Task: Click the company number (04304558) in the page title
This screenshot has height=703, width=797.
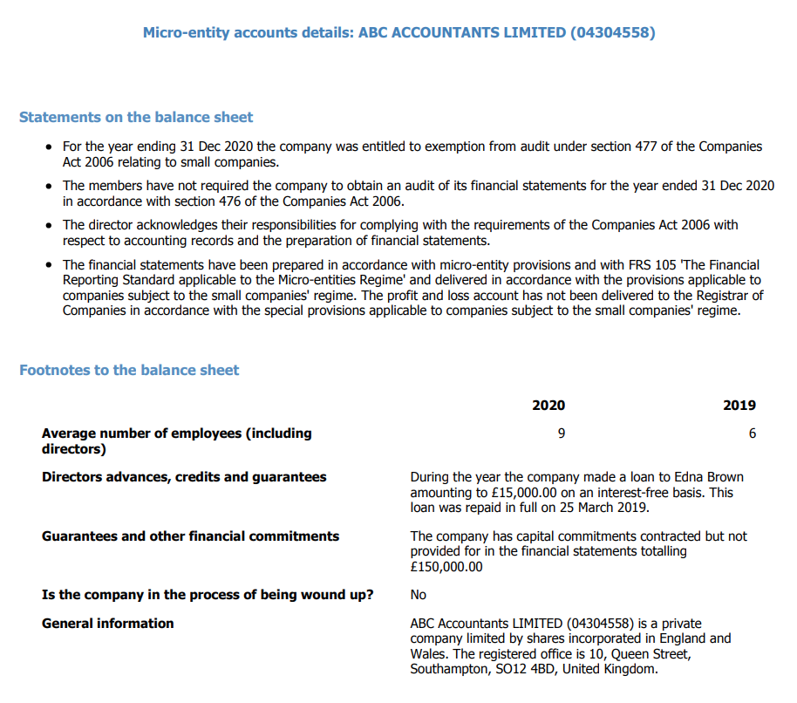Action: click(x=612, y=33)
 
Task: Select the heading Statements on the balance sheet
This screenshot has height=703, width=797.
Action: click(x=136, y=117)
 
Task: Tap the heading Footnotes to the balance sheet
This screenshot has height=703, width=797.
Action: click(x=129, y=370)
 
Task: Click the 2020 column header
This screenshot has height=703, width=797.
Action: click(x=548, y=405)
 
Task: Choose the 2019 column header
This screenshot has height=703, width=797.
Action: click(x=739, y=405)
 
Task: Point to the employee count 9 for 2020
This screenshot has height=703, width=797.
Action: click(x=562, y=433)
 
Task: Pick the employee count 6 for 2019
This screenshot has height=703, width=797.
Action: click(x=753, y=433)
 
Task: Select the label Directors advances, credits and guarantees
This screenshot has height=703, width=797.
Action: click(x=184, y=477)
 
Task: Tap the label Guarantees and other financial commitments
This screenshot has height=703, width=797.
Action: click(x=190, y=536)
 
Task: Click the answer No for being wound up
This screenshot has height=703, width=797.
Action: click(x=419, y=595)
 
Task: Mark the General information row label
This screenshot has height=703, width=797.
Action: click(x=107, y=623)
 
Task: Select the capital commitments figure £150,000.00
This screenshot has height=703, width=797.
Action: click(x=446, y=567)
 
